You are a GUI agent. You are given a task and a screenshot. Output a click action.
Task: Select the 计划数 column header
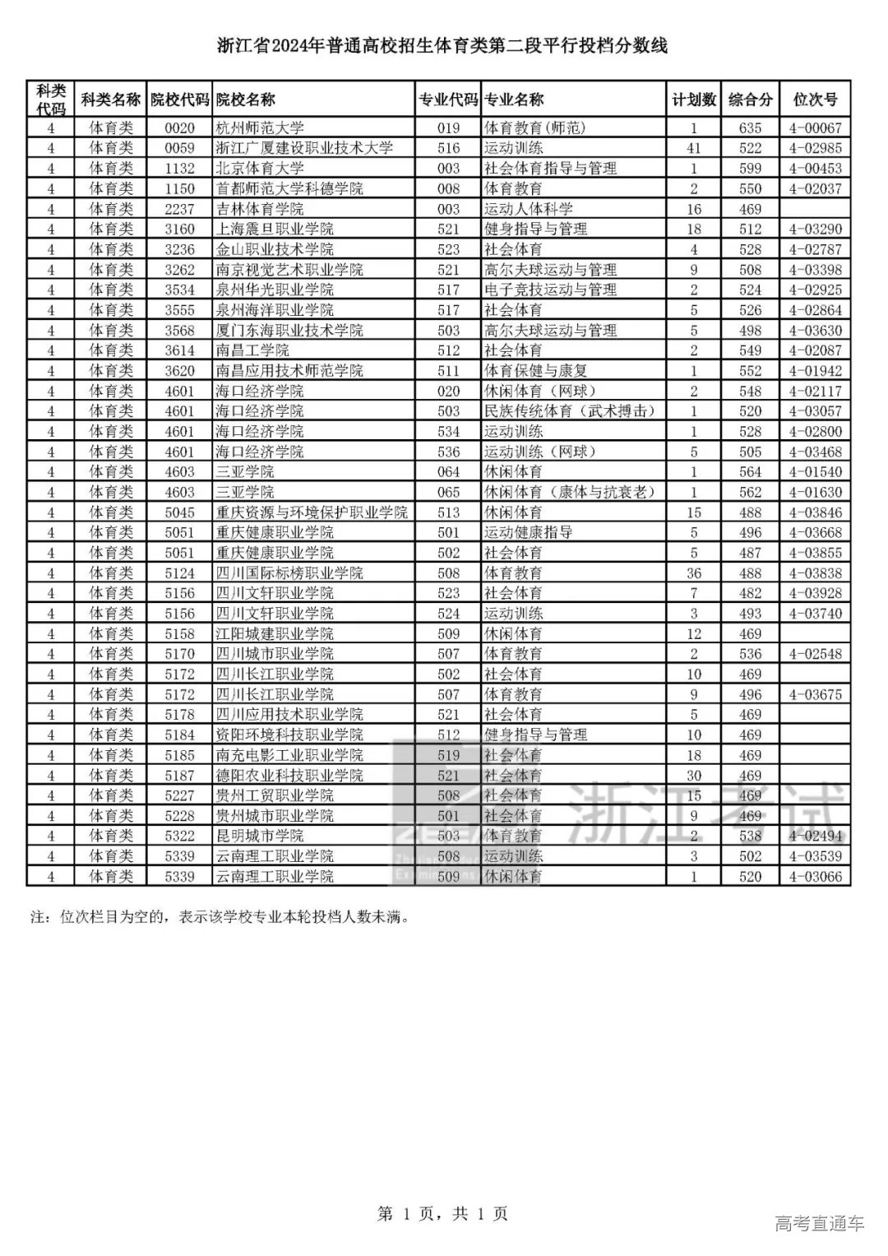pos(694,100)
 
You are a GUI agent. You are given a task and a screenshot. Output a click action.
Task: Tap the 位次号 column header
pos(815,100)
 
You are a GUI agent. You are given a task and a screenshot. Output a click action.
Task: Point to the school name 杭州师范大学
pos(260,127)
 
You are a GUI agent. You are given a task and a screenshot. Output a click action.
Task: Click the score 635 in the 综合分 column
pos(750,127)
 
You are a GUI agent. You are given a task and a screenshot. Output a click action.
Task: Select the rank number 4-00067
pos(815,127)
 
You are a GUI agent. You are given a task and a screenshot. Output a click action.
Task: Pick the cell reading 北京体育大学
pos(260,168)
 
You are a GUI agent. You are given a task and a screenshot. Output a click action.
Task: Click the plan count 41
pos(694,148)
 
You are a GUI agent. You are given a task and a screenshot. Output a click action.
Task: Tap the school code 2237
pos(179,209)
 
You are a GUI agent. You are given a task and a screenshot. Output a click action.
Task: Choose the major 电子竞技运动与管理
pos(550,290)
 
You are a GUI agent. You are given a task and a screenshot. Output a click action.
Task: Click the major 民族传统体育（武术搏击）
pos(570,411)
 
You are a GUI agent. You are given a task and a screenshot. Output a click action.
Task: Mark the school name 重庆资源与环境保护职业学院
pos(312,512)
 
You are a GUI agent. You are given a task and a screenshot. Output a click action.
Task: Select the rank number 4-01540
pos(815,472)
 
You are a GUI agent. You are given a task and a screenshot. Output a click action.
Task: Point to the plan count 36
pos(694,573)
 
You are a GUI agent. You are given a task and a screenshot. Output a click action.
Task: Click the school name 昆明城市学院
pos(260,836)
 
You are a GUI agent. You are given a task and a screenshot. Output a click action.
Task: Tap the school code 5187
pos(179,776)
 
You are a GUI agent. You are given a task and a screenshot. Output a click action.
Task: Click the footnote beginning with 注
pos(220,916)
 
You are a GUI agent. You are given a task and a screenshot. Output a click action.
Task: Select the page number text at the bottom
pos(442,1213)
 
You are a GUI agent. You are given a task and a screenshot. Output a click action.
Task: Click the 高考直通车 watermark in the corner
pos(819,1224)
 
